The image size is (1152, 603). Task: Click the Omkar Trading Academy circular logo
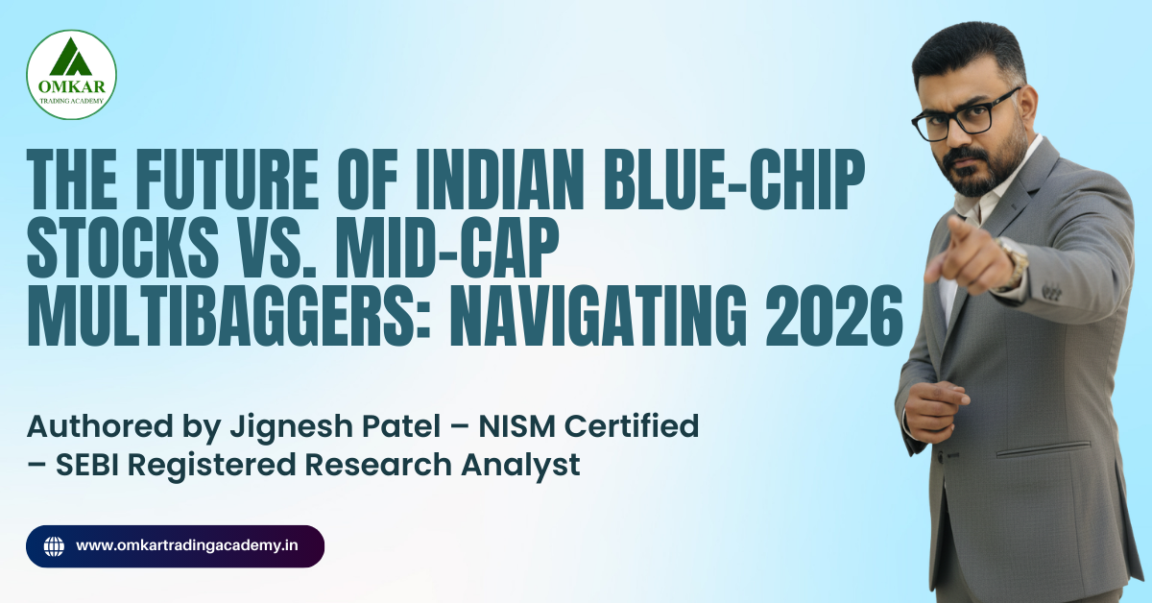[x=71, y=74]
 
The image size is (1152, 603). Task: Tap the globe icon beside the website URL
[x=55, y=546]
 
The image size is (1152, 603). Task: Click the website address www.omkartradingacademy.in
[x=186, y=546]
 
